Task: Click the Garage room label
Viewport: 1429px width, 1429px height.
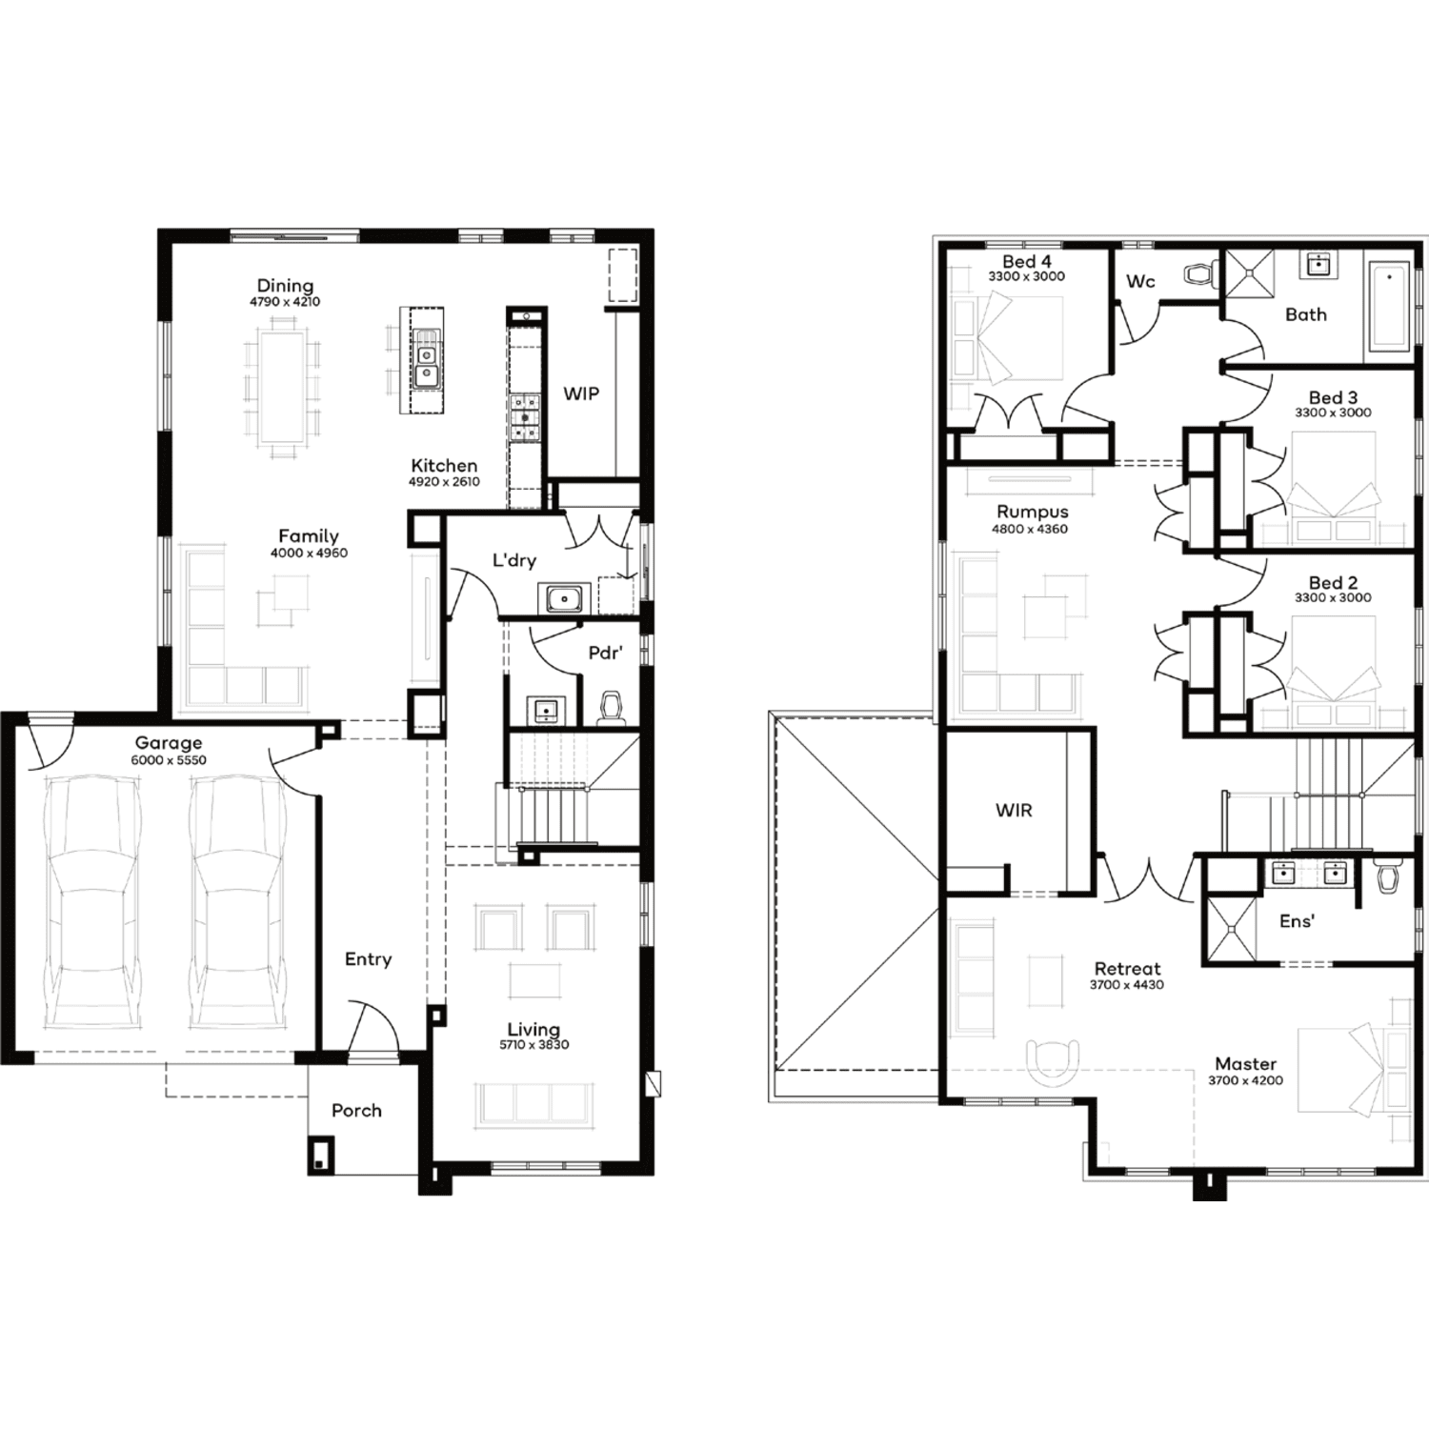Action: [x=169, y=742]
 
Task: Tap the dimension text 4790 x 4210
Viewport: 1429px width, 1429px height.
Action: [x=285, y=302]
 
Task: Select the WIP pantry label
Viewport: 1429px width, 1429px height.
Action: [x=581, y=393]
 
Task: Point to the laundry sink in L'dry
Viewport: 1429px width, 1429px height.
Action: [x=564, y=599]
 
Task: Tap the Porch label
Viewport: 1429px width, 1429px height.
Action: [x=356, y=1111]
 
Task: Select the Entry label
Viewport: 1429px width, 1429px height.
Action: [x=368, y=959]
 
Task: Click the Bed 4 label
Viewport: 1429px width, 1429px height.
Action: [x=1026, y=261]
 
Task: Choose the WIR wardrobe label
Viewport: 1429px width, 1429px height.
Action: [x=1014, y=811]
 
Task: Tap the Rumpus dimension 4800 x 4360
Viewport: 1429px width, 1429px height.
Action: [x=1030, y=530]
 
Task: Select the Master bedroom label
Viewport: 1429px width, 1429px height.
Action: [x=1246, y=1064]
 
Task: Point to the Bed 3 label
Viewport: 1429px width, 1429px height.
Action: [x=1333, y=397]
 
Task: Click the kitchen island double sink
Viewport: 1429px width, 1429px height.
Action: [x=426, y=360]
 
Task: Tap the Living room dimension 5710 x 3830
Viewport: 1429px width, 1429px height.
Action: [x=533, y=1045]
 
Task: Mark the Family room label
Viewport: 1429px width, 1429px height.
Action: [x=309, y=536]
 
